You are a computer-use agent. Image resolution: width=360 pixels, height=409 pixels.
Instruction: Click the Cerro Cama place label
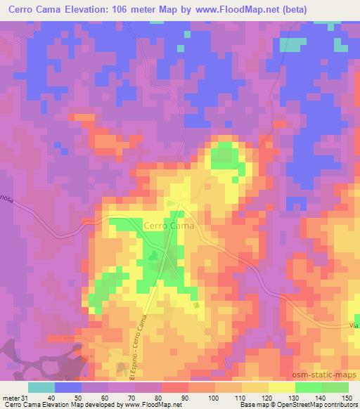pyautogui.click(x=169, y=226)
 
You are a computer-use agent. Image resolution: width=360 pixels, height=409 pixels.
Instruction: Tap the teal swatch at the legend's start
pyautogui.click(x=41, y=387)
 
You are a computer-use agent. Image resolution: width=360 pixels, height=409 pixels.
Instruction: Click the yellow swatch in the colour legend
pyautogui.click(x=282, y=387)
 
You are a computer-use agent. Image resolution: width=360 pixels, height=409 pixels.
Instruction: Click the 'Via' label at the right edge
pyautogui.click(x=353, y=325)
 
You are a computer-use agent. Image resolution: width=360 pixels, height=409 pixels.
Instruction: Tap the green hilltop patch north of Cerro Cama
pyautogui.click(x=224, y=155)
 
